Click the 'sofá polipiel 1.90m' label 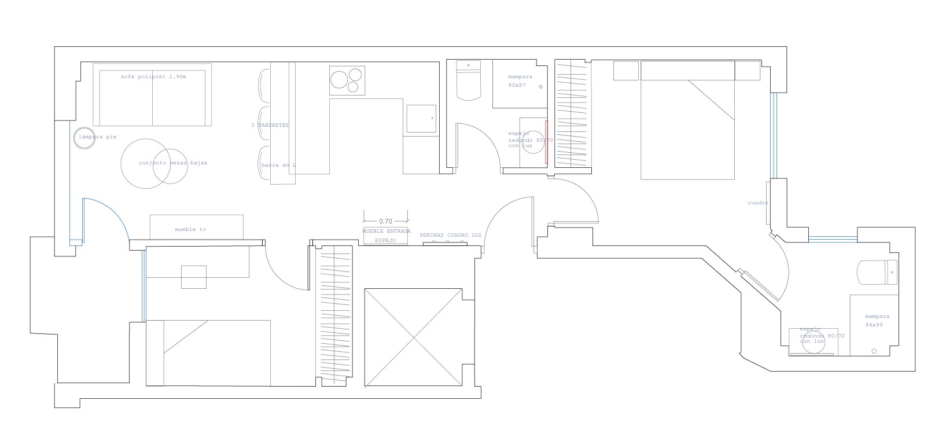[154, 76]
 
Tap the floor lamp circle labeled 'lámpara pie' [84, 138]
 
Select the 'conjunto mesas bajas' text [172, 163]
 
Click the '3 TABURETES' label [270, 125]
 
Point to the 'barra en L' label [278, 166]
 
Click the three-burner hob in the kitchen [348, 80]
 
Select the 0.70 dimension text [385, 221]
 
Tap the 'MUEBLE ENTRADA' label [387, 230]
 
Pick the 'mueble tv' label [190, 230]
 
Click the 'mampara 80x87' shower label [520, 80]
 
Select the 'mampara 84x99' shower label [877, 320]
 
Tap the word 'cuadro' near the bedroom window [757, 203]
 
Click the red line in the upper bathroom [546, 143]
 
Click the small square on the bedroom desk [194, 277]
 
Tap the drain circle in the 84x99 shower [874, 351]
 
